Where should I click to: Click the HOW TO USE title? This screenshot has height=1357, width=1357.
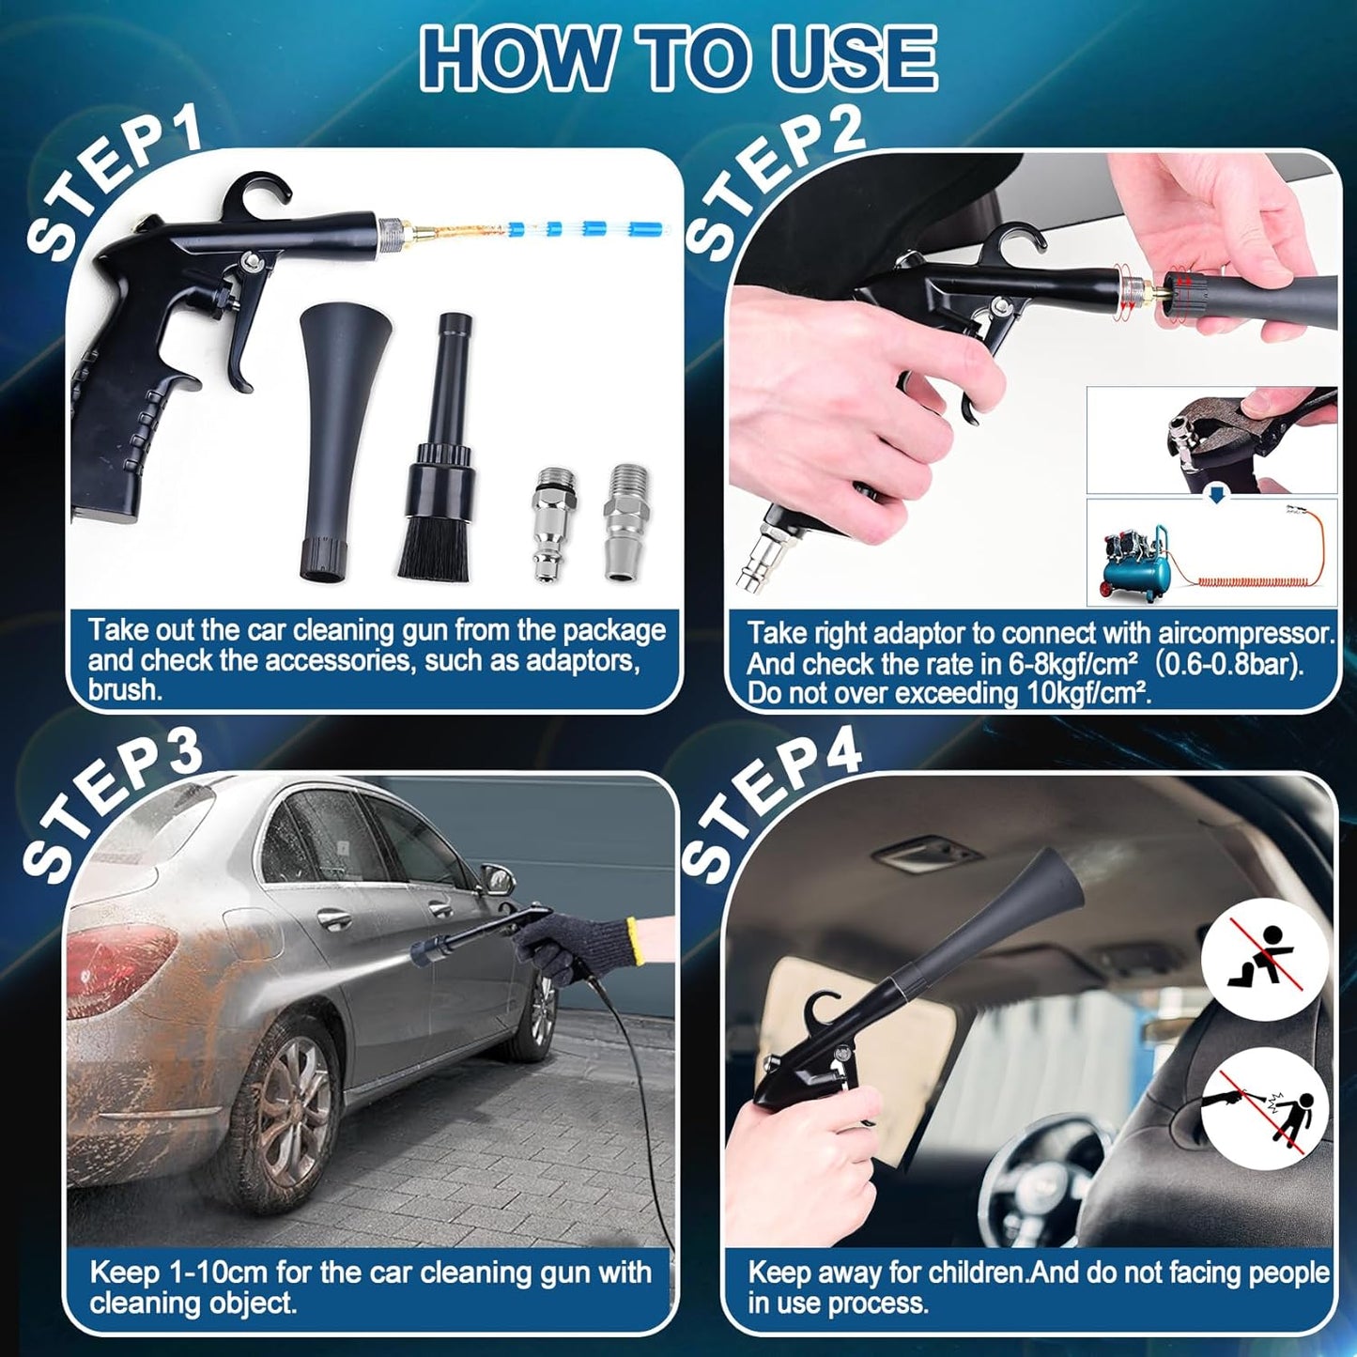point(678,57)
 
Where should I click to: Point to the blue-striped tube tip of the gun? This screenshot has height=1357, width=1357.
point(582,228)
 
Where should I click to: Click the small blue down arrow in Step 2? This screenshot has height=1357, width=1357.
point(1216,496)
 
